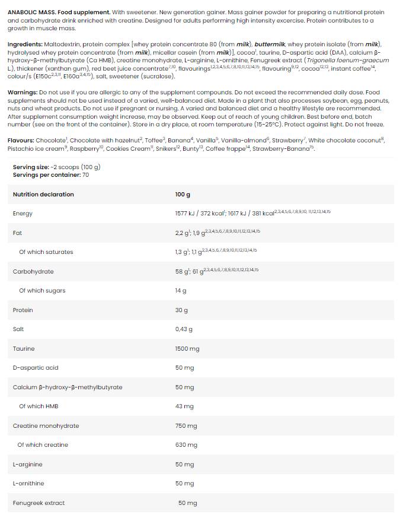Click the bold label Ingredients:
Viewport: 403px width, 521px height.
pyautogui.click(x=24, y=45)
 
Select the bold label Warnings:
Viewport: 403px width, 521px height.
pyautogui.click(x=22, y=93)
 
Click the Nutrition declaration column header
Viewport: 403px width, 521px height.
pyautogui.click(x=43, y=195)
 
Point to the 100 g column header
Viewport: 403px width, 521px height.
pyautogui.click(x=183, y=195)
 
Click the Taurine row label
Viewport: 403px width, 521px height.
pyautogui.click(x=24, y=349)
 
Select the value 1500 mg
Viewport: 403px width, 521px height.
pyautogui.click(x=187, y=349)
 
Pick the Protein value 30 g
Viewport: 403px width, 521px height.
pyautogui.click(x=181, y=310)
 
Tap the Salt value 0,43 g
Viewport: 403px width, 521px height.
pyautogui.click(x=184, y=329)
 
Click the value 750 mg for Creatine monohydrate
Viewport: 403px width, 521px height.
pyautogui.click(x=186, y=426)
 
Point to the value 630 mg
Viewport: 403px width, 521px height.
pyautogui.click(x=186, y=445)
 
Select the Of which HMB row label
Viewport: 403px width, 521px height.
pyautogui.click(x=39, y=406)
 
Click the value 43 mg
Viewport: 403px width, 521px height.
pyautogui.click(x=184, y=406)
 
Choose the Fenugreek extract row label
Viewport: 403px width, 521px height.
pyautogui.click(x=39, y=503)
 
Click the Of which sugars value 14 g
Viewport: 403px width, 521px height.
pyautogui.click(x=181, y=291)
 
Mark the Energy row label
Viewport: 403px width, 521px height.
pyautogui.click(x=23, y=214)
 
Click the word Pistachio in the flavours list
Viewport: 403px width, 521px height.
pyautogui.click(x=21, y=149)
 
